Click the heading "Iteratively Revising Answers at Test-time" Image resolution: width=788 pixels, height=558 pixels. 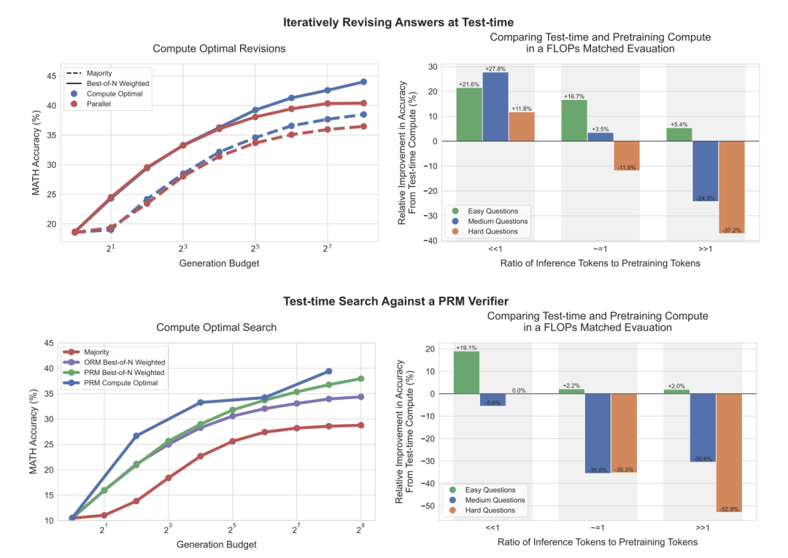pos(393,23)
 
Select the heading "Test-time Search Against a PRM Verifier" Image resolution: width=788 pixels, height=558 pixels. pos(393,301)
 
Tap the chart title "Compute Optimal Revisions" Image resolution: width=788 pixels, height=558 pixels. pos(219,49)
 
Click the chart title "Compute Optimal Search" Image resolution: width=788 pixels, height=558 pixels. pos(217,328)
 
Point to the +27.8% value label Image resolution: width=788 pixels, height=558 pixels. pos(495,69)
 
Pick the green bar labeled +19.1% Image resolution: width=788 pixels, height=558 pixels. pos(466,372)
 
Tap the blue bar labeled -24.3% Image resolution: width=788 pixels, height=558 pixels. pos(706,171)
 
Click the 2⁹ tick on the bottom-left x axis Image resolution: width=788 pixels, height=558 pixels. pos(360,528)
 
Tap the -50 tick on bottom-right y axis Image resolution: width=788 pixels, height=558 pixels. pos(431,505)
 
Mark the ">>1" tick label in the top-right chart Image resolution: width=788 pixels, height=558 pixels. pos(706,249)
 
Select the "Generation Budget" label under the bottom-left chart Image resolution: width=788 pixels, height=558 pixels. pos(217,544)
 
